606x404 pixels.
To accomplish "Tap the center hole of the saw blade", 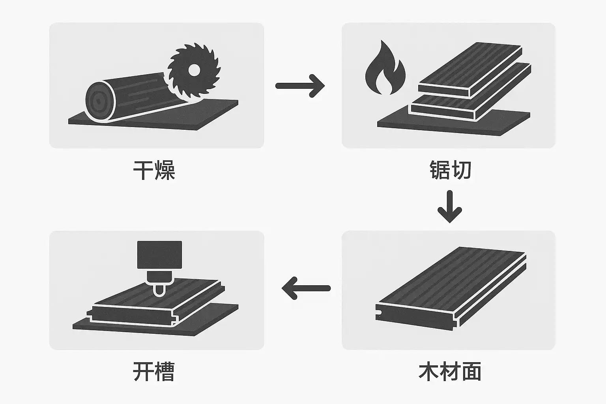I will click(x=194, y=70).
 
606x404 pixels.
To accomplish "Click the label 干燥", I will click(x=154, y=170).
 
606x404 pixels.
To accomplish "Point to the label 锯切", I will click(x=450, y=170).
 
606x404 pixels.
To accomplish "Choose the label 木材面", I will click(x=450, y=372).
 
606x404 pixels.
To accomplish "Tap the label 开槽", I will click(x=154, y=372).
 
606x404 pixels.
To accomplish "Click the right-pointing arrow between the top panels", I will click(x=300, y=86).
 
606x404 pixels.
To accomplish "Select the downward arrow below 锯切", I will click(x=450, y=207).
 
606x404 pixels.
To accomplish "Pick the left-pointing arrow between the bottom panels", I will click(x=306, y=288).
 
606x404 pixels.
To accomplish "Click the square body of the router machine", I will click(x=159, y=255).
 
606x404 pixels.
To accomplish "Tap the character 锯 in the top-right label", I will click(x=440, y=170).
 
